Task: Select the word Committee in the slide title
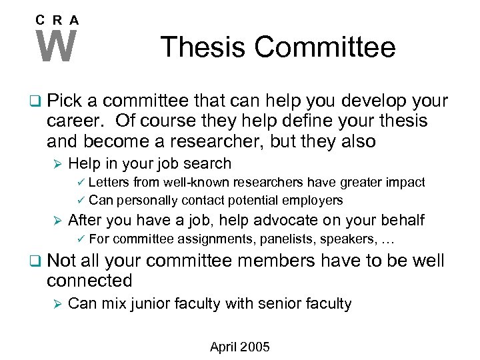coord(325,47)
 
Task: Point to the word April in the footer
coord(224,347)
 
